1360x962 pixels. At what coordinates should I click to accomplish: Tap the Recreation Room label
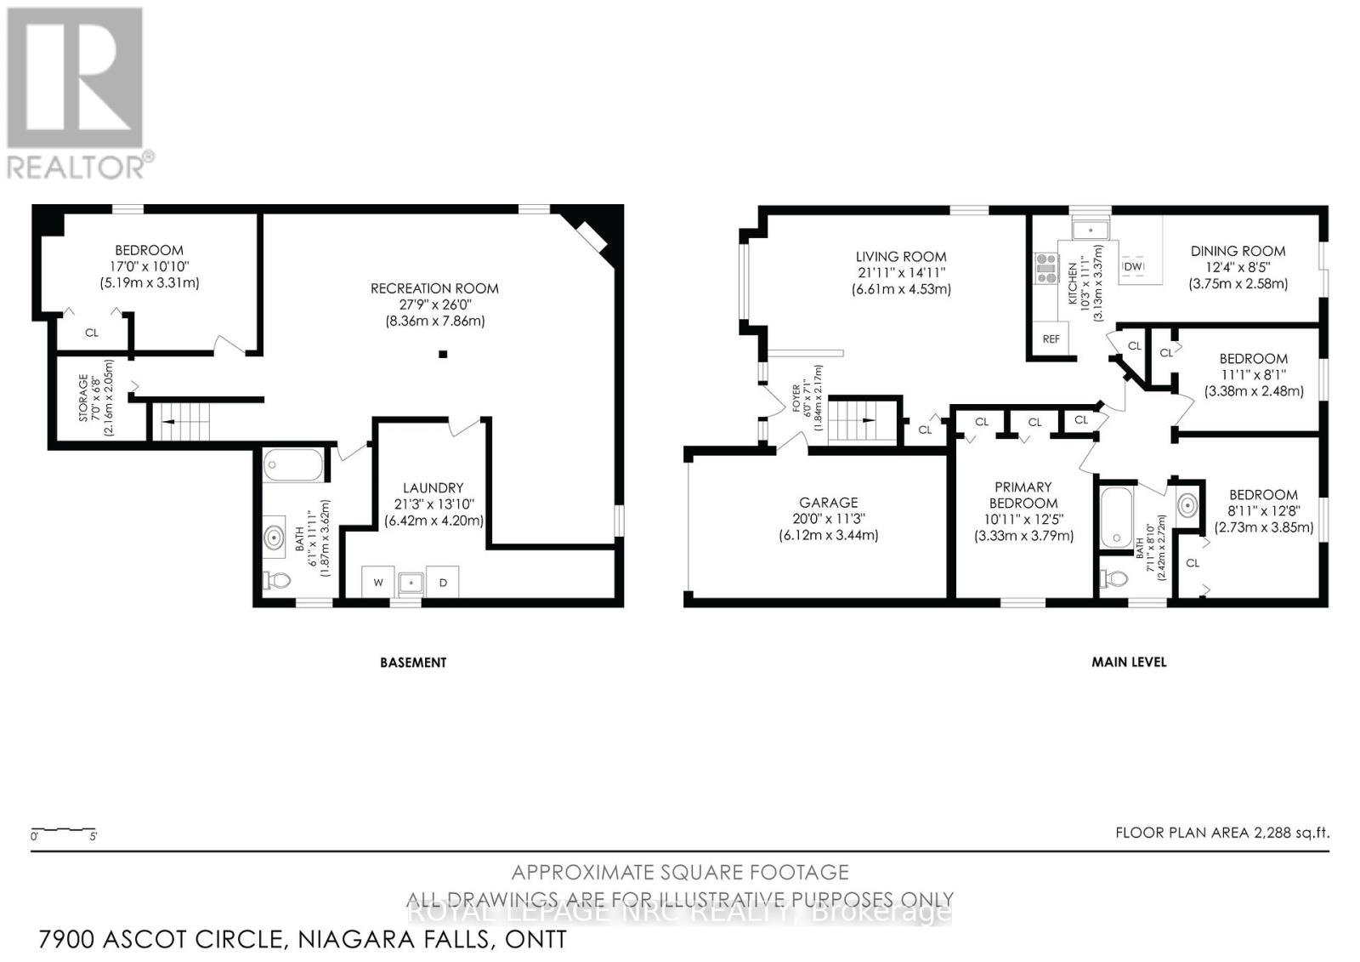(434, 289)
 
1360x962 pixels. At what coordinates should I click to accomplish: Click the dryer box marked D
(443, 583)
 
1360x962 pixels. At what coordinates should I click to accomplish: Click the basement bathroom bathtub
(293, 465)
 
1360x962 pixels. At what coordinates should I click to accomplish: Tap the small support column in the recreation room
(443, 354)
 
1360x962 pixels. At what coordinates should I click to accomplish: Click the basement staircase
(180, 421)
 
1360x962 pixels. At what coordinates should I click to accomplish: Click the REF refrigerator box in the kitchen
(1051, 339)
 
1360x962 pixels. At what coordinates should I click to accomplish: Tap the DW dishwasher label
(1134, 266)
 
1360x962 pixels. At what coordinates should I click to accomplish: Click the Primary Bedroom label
(1023, 494)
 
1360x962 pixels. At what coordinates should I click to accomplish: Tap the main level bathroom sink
(1187, 506)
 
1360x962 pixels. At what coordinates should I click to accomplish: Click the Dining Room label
(1238, 251)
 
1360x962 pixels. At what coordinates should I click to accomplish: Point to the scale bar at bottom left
(64, 830)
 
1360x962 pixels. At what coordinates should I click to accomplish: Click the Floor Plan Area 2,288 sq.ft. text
(1221, 833)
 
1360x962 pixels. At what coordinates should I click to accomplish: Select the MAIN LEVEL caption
(1129, 662)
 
